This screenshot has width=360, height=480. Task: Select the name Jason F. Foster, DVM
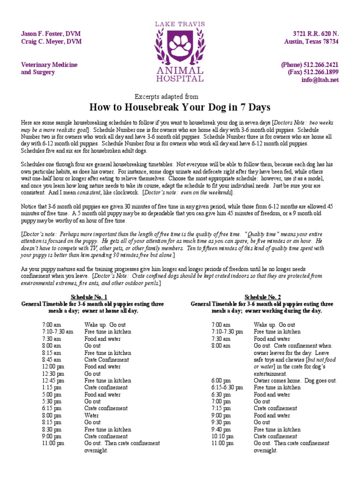51,34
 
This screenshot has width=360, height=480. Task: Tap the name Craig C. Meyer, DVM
51,42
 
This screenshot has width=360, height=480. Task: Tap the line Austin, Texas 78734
311,42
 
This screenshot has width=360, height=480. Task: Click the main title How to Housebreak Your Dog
180,107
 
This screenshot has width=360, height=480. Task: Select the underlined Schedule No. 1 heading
89,297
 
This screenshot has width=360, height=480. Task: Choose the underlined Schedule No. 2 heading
262,297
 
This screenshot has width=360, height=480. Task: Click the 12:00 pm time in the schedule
52,367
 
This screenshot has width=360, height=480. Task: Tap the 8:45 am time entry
51,360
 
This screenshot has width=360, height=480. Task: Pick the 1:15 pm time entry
51,388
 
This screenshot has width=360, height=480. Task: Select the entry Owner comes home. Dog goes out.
295,381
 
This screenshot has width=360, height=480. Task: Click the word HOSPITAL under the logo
180,79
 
